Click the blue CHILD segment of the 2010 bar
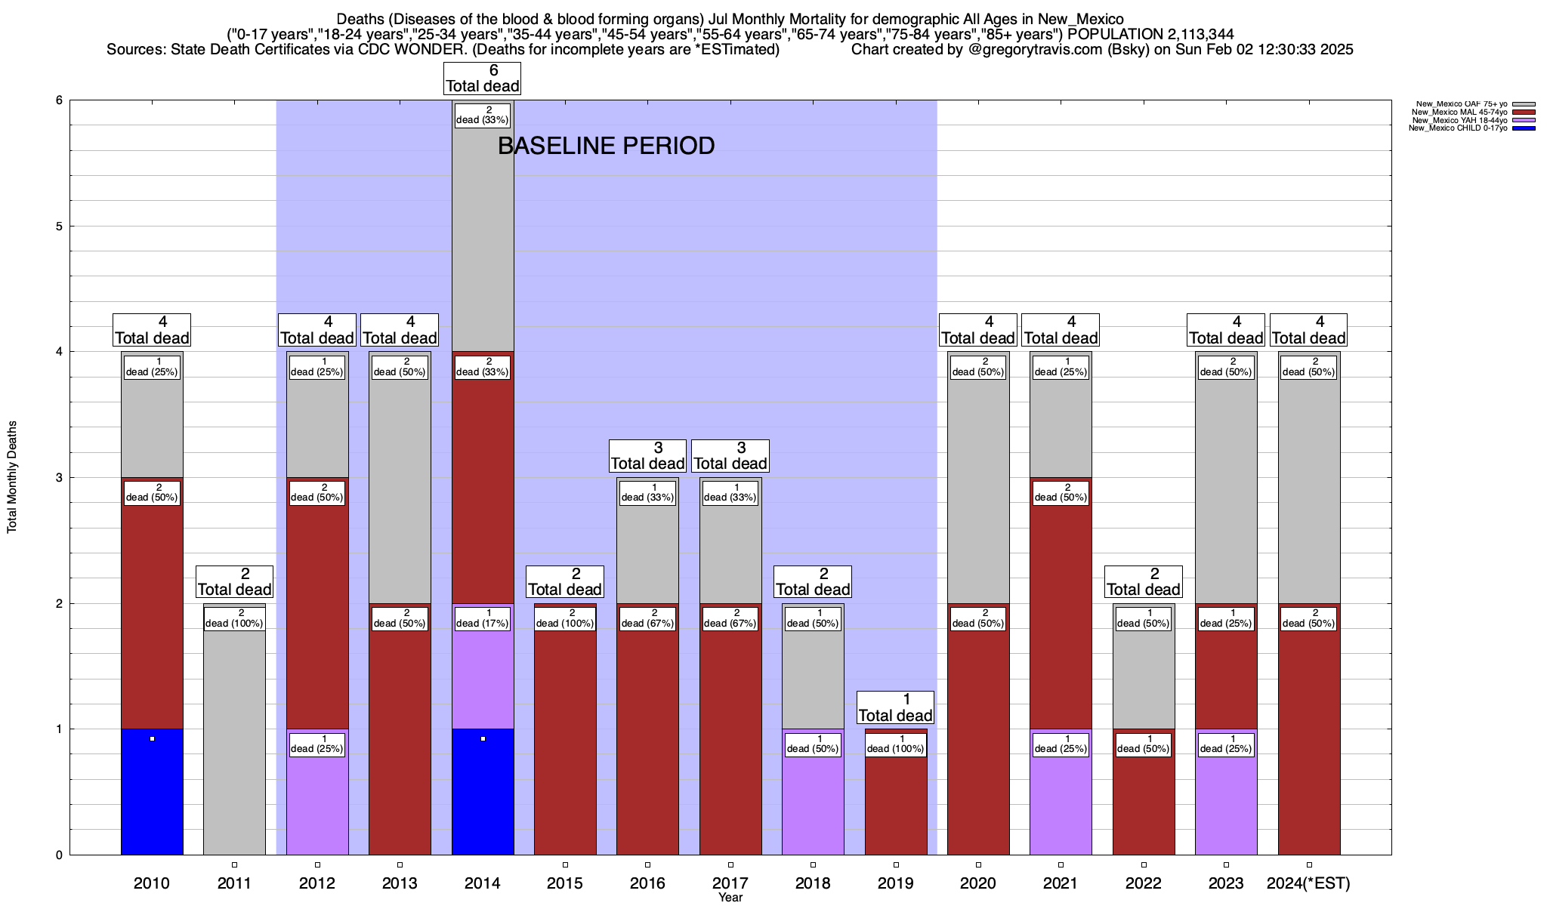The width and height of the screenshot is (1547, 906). click(x=152, y=793)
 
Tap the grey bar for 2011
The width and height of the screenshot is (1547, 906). click(x=234, y=740)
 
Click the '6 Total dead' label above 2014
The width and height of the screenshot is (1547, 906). click(x=483, y=79)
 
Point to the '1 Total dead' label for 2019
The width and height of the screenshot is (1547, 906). click(x=896, y=707)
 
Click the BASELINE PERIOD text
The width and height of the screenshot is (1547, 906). click(x=606, y=146)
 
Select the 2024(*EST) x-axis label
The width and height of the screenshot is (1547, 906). click(x=1308, y=883)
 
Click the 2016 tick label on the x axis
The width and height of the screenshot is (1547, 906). click(x=647, y=883)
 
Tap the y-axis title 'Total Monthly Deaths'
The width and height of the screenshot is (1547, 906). click(x=12, y=477)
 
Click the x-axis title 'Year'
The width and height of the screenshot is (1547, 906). click(x=730, y=898)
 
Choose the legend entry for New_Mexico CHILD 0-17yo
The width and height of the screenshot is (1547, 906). click(x=1458, y=128)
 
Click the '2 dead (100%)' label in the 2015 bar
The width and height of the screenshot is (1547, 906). click(x=565, y=618)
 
